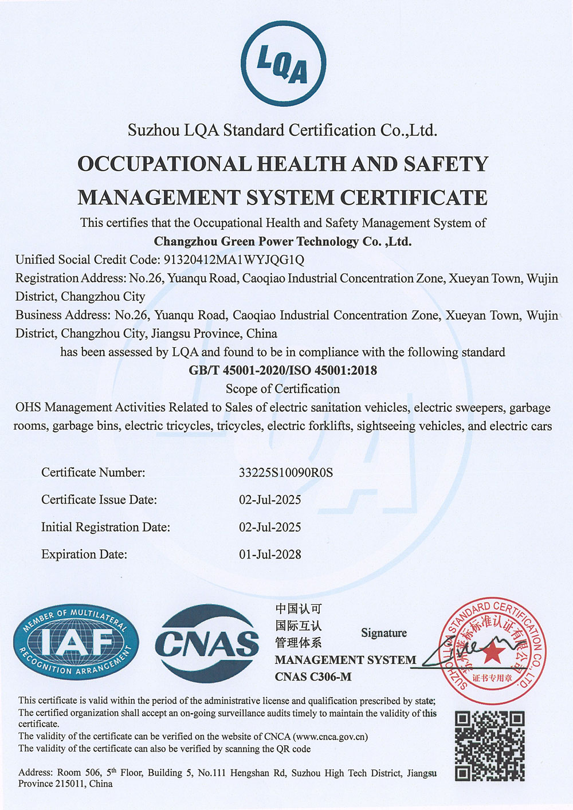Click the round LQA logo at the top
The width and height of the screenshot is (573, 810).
pos(283,63)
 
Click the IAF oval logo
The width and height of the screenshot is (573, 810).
pos(76,642)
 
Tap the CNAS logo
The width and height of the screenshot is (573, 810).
pos(207,643)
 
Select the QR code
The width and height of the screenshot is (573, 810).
pos(490,746)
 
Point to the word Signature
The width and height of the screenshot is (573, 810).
pos(384,633)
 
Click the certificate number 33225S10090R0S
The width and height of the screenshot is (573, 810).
pos(285,473)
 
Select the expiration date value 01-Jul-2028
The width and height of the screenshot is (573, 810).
pos(270,555)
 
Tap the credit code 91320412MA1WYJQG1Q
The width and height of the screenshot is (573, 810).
pos(234,259)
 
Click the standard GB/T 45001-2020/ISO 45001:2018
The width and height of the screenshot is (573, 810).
pos(283,370)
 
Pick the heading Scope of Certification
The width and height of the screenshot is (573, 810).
pos(282,389)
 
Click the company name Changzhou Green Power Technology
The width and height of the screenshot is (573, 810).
pos(282,241)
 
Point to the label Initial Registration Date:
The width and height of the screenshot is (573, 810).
pos(105,527)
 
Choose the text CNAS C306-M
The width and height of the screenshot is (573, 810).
pos(313,677)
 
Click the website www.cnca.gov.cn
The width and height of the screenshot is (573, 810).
pos(331,737)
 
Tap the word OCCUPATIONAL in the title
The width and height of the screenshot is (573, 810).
pos(164,164)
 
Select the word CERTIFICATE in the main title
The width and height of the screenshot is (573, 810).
pos(414,198)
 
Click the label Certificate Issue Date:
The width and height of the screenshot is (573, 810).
pos(99,500)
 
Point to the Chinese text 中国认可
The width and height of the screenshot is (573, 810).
pos(298,609)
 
